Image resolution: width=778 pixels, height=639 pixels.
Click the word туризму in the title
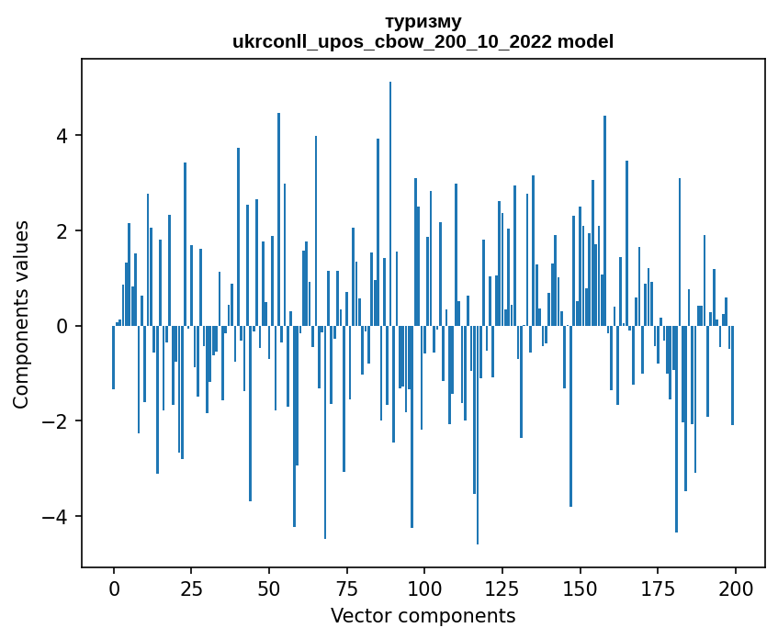(x=423, y=21)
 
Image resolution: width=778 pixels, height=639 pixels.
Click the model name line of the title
(x=423, y=41)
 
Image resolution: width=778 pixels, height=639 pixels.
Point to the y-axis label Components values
(x=21, y=314)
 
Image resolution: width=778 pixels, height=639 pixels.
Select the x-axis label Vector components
(x=423, y=615)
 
